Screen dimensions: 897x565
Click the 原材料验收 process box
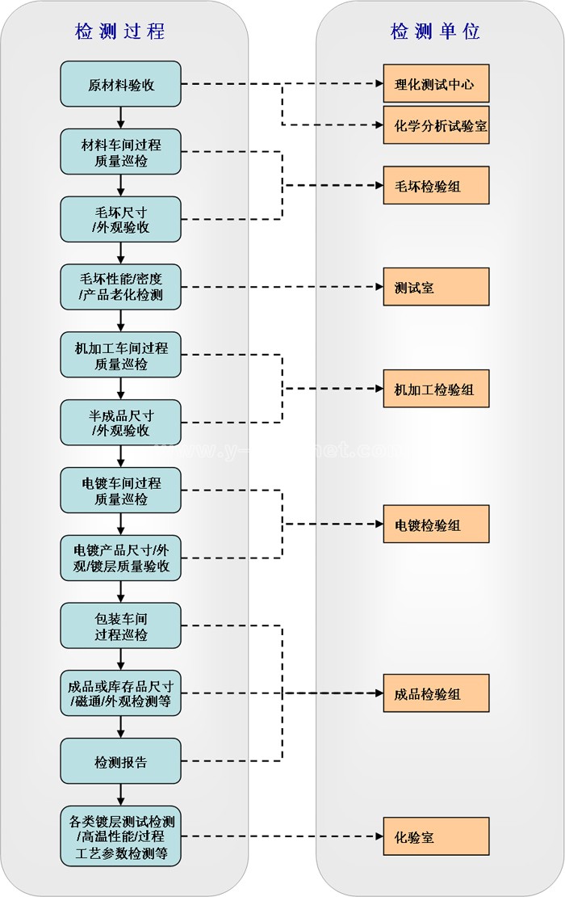tap(121, 84)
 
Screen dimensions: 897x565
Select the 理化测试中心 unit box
tap(436, 84)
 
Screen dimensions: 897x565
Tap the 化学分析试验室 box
tap(436, 125)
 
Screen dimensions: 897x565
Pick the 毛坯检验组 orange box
tap(436, 186)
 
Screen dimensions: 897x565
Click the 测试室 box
tap(436, 287)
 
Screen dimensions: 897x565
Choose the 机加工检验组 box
tap(436, 390)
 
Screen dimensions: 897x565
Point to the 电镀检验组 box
tap(436, 524)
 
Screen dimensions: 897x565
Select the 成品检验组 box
tap(436, 693)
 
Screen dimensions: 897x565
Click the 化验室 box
tap(436, 837)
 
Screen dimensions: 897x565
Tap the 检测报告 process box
tap(121, 761)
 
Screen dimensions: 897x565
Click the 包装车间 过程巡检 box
tap(121, 626)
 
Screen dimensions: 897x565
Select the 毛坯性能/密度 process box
tap(121, 287)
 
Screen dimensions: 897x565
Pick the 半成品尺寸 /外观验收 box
tap(121, 423)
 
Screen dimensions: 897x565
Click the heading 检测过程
tap(120, 32)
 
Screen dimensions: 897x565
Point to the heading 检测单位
tap(436, 32)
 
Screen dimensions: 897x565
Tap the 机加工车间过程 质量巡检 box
tap(121, 356)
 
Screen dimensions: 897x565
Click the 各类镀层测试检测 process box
tap(121, 837)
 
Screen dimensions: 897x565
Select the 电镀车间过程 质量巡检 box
tap(121, 491)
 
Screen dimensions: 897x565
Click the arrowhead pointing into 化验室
tap(378, 837)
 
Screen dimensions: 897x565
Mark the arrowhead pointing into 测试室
tap(378, 287)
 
